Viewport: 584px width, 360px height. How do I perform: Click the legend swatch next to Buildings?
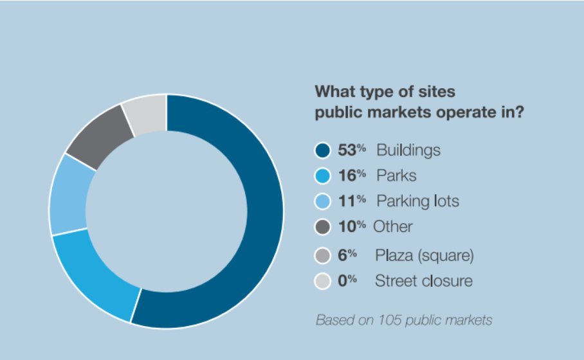point(322,150)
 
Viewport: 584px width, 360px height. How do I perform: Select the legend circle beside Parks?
point(322,175)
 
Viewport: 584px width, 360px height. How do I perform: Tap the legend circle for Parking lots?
point(322,201)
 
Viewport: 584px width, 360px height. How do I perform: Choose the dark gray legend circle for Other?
point(322,227)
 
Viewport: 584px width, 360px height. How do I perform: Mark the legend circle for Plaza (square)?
point(322,256)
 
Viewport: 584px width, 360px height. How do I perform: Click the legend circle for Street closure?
point(322,281)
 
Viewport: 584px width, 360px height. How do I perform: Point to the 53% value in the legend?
point(352,150)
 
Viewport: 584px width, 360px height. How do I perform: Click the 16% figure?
point(352,175)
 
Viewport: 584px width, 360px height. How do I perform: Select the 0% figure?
point(347,281)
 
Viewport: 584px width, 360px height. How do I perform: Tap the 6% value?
point(347,255)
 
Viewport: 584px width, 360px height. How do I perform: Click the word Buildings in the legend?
point(408,150)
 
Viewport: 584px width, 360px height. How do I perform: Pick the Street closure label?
point(424,281)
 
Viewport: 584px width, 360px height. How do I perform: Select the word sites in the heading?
point(437,91)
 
